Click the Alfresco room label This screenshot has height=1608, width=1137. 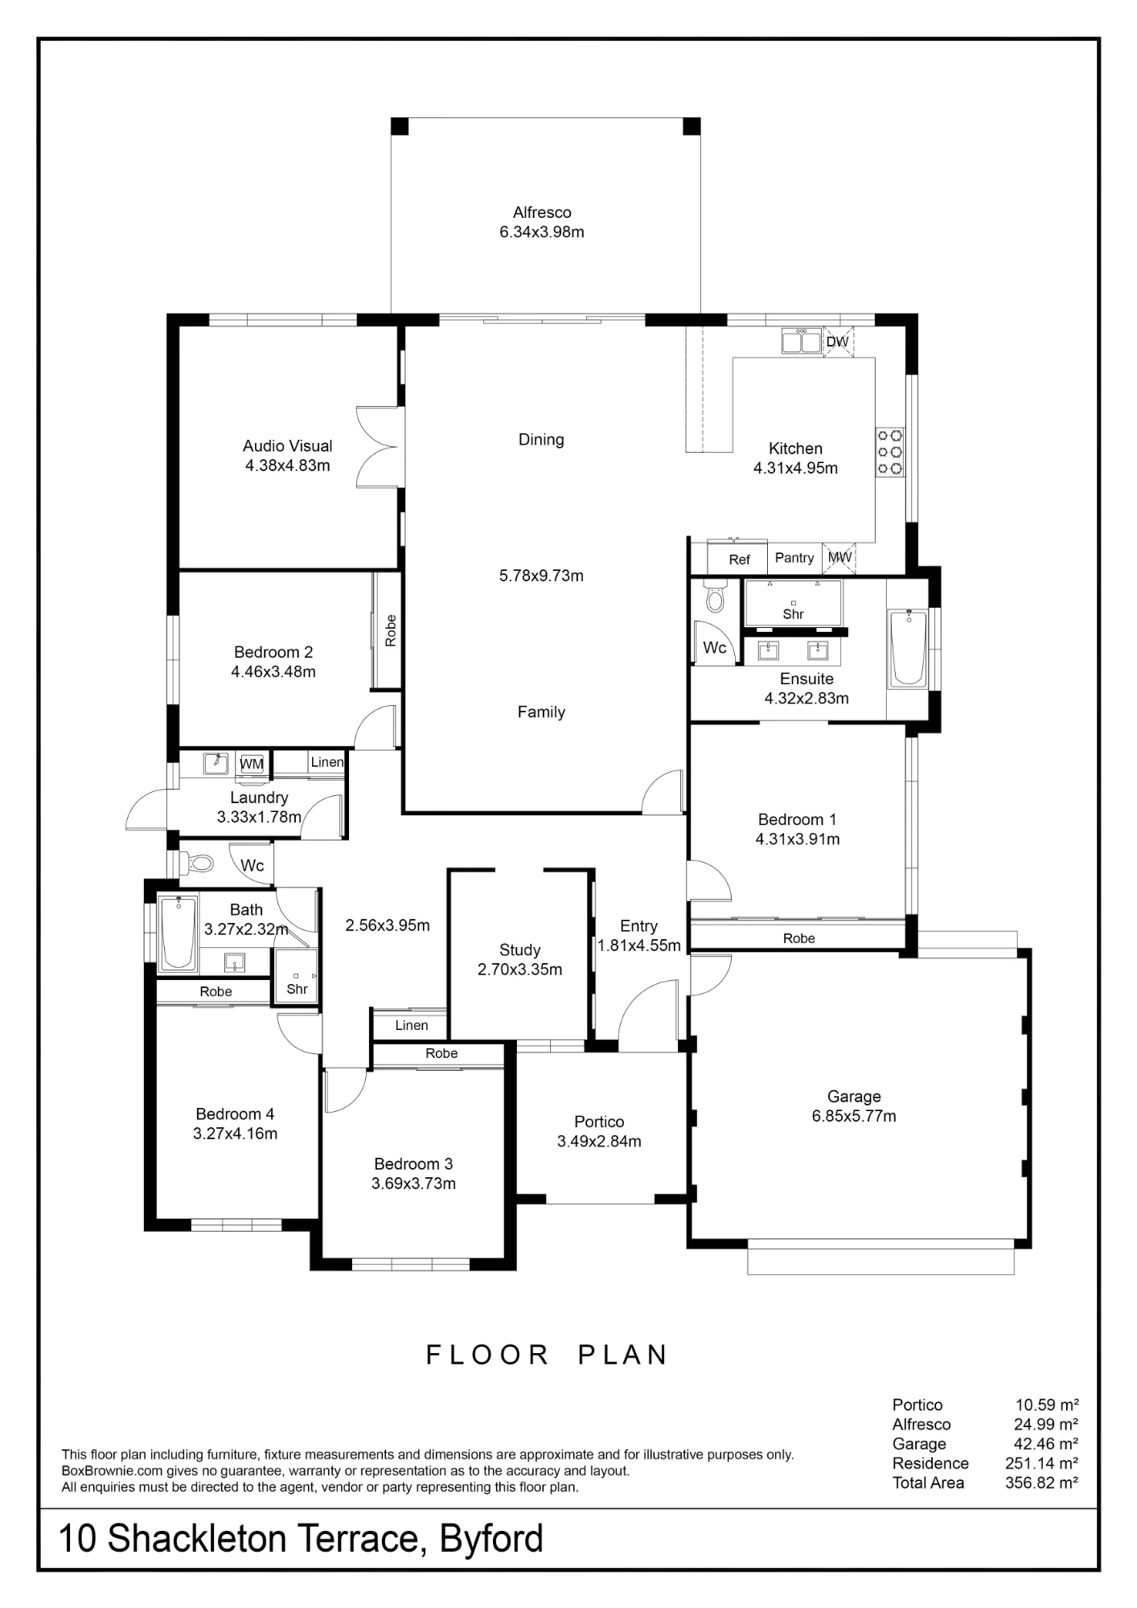coord(542,213)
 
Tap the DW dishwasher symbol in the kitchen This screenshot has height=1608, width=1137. coord(838,342)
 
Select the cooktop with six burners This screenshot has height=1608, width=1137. coord(890,453)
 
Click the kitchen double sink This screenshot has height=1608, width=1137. coord(802,342)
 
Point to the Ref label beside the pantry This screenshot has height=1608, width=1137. coord(739,560)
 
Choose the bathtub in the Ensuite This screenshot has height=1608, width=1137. coord(908,649)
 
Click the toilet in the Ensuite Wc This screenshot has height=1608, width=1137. coord(714,596)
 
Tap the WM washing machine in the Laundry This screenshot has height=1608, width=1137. coord(252,765)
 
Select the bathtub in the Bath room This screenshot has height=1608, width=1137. coord(178,933)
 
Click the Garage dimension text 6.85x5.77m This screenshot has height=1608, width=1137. coord(854,1116)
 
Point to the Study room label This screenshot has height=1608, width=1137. coord(519,950)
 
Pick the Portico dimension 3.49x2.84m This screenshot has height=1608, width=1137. coord(599,1142)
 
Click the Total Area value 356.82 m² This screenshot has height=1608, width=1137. coord(1041,1483)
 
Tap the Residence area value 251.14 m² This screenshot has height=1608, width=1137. coord(1041,1463)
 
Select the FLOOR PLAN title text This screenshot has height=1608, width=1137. coord(547,1356)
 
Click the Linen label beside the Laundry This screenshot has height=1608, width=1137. coord(327,762)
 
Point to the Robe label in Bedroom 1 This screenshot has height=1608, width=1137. coord(799,938)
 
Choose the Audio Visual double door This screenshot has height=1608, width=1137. coord(378,447)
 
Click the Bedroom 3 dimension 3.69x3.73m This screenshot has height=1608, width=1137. coord(413,1183)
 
